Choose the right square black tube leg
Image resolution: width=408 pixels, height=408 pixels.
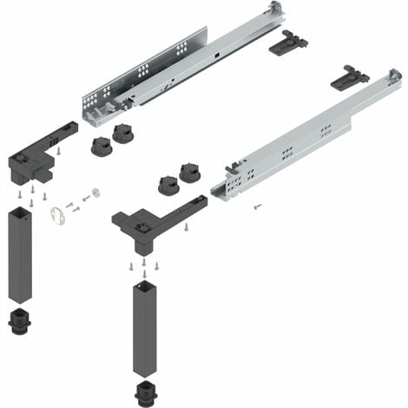(x=145, y=326)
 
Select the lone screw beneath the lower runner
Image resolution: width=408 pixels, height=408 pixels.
(x=257, y=207)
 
